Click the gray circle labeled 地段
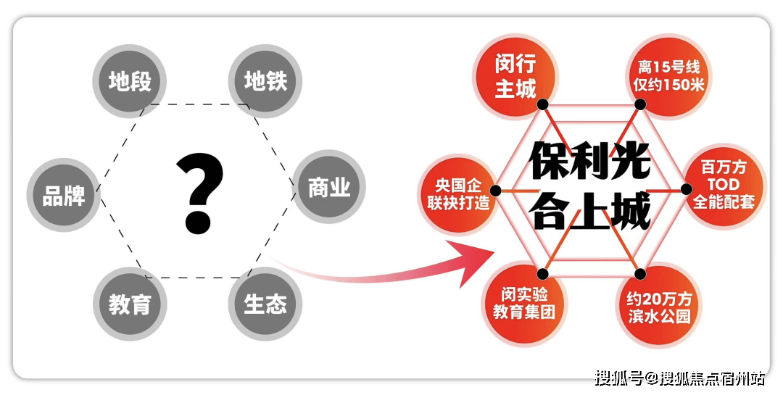pyautogui.click(x=129, y=81)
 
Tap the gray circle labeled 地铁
pyautogui.click(x=265, y=81)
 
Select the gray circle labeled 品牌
pyautogui.click(x=63, y=195)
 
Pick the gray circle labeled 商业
pyautogui.click(x=329, y=187)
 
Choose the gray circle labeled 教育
pyautogui.click(x=130, y=304)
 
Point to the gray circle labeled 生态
pyautogui.click(x=265, y=304)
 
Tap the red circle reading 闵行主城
pyautogui.click(x=515, y=76)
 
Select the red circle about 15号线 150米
pyautogui.click(x=668, y=76)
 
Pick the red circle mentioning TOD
pyautogui.click(x=724, y=186)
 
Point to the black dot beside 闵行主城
pyautogui.click(x=543, y=104)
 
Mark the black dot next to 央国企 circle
pyautogui.click(x=495, y=191)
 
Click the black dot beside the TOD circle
pyautogui.click(x=687, y=189)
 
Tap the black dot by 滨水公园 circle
pyautogui.click(x=641, y=274)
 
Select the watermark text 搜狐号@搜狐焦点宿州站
pyautogui.click(x=679, y=378)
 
